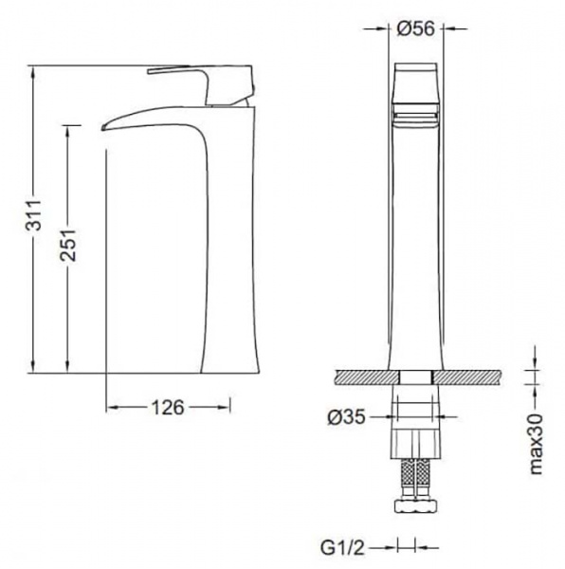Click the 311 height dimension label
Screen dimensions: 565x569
[34, 215]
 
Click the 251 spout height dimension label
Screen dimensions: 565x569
[68, 245]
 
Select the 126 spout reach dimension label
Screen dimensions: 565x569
[168, 408]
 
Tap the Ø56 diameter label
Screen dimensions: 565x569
[416, 28]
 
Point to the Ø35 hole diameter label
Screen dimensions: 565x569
[346, 417]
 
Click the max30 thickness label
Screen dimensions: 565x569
[536, 444]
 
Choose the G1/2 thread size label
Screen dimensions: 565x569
[342, 547]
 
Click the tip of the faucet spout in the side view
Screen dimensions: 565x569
[103, 128]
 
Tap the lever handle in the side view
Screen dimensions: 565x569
[200, 85]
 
